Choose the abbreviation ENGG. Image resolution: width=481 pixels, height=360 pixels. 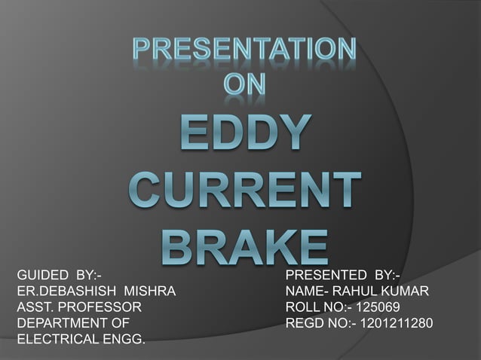pyautogui.click(x=124, y=340)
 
